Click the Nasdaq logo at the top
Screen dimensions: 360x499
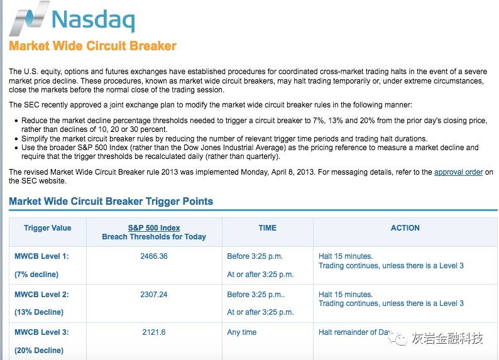[72, 18]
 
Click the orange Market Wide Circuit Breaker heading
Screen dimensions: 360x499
[92, 46]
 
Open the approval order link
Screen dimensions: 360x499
[458, 172]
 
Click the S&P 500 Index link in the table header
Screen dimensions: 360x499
[154, 228]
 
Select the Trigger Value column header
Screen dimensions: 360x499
[47, 228]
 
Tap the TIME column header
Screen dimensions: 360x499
[267, 228]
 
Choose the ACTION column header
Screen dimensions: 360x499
[405, 228]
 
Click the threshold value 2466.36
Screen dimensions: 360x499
[154, 256]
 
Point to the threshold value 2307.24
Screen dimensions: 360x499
[154, 294]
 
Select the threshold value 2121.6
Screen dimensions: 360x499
[154, 332]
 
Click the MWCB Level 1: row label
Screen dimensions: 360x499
[41, 256]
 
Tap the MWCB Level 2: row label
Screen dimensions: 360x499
[41, 294]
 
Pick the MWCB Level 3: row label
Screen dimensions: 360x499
[41, 332]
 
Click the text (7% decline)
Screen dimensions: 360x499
[36, 275]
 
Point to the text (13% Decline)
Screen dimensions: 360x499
[39, 312]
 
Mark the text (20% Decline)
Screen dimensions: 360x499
[39, 351]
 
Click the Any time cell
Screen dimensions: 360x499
[242, 332]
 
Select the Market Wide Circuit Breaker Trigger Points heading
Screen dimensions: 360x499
[111, 202]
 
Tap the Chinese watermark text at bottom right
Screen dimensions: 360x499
[447, 339]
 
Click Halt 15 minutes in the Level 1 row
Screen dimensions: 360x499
[346, 256]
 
